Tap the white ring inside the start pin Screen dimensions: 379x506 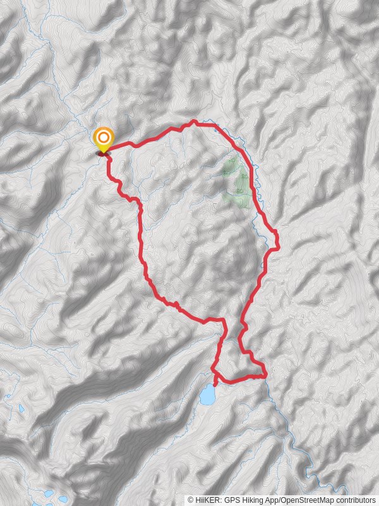(104, 137)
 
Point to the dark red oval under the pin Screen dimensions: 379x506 (103, 152)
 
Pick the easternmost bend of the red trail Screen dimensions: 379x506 (277, 239)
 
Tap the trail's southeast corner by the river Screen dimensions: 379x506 (264, 375)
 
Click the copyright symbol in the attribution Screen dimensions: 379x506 (190, 500)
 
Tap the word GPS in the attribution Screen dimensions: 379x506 (231, 500)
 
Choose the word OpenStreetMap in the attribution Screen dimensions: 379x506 (306, 500)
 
